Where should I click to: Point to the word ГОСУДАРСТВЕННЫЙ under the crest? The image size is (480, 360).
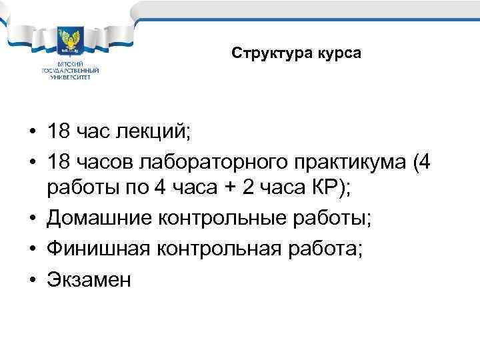(x=70, y=70)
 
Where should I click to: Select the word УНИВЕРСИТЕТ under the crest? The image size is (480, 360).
(x=70, y=77)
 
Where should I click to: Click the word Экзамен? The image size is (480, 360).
(x=89, y=280)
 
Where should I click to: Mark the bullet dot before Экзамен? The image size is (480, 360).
(x=32, y=280)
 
